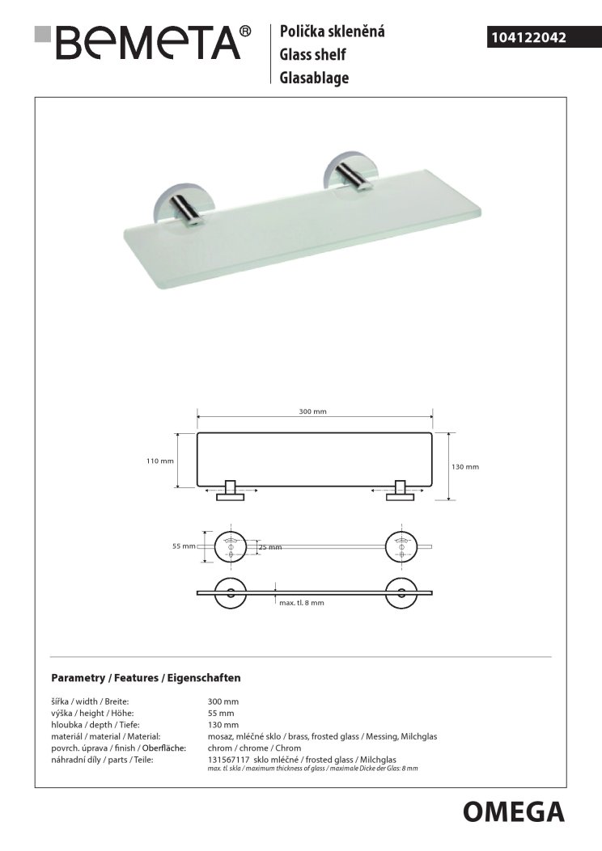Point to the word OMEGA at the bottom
[514, 811]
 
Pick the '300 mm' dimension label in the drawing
[312, 411]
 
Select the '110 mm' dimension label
[160, 461]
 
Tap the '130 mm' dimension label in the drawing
[464, 466]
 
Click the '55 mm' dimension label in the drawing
[184, 546]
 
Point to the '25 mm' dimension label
[269, 547]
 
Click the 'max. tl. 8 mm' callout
[301, 603]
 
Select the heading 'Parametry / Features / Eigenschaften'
[146, 677]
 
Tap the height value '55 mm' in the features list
[221, 714]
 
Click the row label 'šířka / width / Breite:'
[90, 701]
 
